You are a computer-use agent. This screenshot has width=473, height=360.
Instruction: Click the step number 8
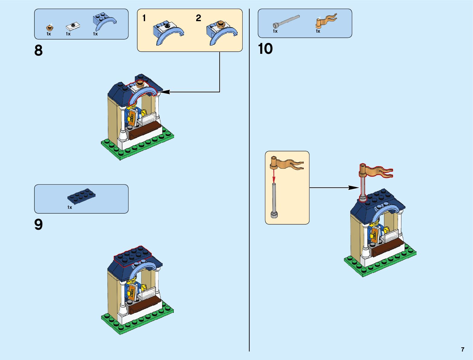(x=38, y=50)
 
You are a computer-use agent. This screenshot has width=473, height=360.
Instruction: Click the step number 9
(x=38, y=225)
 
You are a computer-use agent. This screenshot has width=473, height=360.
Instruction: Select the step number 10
(x=265, y=49)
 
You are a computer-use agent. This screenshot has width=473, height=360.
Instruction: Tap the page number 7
(x=462, y=349)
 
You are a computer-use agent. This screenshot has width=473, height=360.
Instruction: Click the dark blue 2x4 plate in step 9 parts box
(x=81, y=196)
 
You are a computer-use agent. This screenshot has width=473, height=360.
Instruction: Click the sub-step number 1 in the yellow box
(x=144, y=18)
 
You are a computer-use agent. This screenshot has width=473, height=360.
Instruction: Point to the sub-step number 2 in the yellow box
(x=198, y=18)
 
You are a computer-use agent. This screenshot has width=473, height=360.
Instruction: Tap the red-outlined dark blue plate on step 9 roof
(x=132, y=255)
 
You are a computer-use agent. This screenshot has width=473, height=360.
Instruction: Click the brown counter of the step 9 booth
(x=144, y=303)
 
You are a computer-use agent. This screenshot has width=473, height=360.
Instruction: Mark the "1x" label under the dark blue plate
(x=70, y=207)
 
